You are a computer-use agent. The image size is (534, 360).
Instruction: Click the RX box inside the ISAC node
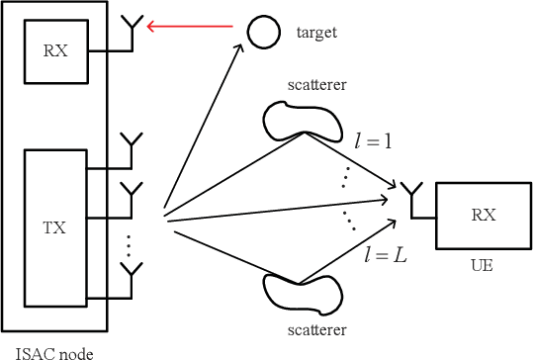[x=55, y=51]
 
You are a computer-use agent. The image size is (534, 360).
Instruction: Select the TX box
[x=55, y=226]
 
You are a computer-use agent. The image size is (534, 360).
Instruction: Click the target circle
[x=262, y=32]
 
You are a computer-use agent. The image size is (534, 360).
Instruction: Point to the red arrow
[x=194, y=29]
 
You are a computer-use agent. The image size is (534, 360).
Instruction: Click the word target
[x=316, y=33]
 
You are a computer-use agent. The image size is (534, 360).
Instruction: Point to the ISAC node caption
[x=49, y=350]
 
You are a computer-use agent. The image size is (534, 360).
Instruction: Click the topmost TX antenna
[x=131, y=144]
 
